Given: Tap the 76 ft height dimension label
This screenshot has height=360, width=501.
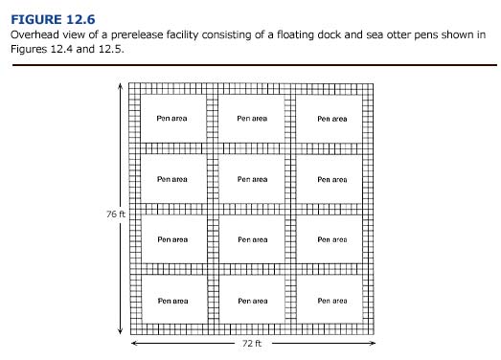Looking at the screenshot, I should [x=116, y=214].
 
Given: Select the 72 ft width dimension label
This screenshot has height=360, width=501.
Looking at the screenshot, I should [x=252, y=342].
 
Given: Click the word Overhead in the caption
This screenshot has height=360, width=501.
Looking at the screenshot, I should [x=32, y=34].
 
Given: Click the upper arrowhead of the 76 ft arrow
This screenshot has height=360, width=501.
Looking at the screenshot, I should [x=120, y=84].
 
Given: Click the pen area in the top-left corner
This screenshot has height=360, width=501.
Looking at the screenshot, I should [x=172, y=119].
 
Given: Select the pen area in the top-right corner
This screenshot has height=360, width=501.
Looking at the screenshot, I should [x=331, y=119].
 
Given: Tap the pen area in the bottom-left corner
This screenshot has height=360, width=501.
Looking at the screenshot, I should [x=172, y=300].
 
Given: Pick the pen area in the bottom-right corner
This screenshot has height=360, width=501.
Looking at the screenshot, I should [x=331, y=300].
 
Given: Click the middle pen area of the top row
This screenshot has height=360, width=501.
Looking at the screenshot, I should [x=252, y=119].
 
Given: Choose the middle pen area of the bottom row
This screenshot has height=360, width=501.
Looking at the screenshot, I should [x=252, y=300].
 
